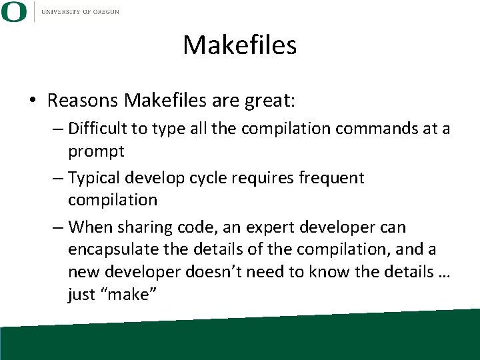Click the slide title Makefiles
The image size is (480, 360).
pos(239,45)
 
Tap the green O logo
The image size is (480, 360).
pos(13,12)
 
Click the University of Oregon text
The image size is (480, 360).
pos(80,12)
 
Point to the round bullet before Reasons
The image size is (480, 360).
pos(33,101)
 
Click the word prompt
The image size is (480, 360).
pos(96,151)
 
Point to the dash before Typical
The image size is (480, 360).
pos(58,178)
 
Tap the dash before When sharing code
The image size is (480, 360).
pos(58,227)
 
